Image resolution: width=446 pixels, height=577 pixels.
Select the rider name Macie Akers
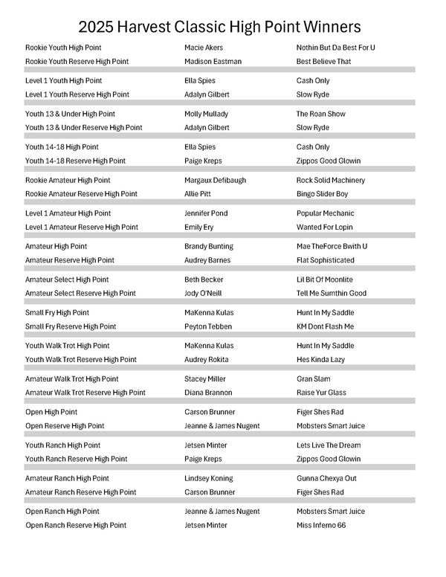point(203,48)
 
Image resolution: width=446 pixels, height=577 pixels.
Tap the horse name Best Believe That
point(323,62)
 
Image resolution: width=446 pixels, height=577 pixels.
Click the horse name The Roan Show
point(320,115)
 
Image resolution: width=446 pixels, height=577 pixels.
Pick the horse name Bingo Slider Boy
point(322,194)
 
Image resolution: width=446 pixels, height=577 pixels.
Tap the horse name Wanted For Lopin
point(325,228)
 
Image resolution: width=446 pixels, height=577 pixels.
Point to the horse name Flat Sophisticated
point(326,260)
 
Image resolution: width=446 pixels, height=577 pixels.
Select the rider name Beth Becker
point(204,280)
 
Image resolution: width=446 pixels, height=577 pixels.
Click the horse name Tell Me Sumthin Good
point(332,293)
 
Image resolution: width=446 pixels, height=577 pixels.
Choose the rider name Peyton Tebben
point(208,326)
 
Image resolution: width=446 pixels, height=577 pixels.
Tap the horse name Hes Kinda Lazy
point(320,360)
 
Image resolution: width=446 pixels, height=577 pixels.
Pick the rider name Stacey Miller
point(204,379)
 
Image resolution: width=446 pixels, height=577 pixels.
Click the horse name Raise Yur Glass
point(321,393)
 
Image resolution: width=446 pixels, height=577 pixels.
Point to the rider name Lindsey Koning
point(208,479)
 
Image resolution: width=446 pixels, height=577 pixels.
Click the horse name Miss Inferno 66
point(322,526)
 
